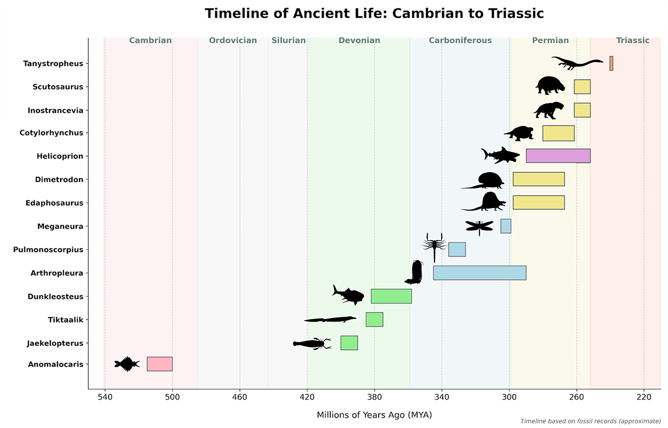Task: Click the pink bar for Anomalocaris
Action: [159, 364]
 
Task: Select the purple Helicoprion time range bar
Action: [558, 156]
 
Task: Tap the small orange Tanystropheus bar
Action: [611, 63]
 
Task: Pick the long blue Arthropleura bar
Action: [479, 273]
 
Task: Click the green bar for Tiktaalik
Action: [374, 320]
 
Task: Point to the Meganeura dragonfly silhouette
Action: [479, 226]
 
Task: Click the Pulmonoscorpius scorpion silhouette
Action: [434, 246]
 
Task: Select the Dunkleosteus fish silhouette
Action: [349, 294]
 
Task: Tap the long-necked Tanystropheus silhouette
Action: [577, 63]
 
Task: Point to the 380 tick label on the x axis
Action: [374, 398]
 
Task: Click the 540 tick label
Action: [105, 398]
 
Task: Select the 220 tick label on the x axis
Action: [644, 398]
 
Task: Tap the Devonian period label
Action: [359, 40]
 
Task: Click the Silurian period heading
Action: [288, 40]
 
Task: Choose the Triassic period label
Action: [633, 40]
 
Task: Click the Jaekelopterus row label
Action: [55, 343]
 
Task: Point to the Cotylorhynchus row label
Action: [51, 133]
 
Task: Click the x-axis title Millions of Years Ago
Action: [374, 415]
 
